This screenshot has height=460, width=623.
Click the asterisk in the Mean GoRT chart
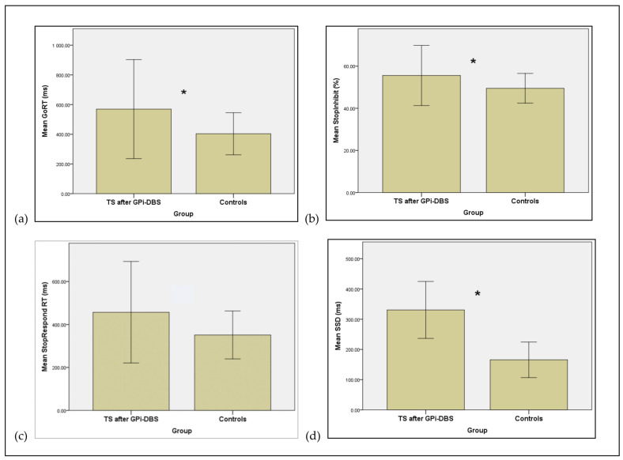(183, 93)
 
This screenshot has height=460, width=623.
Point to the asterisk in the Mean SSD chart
(478, 294)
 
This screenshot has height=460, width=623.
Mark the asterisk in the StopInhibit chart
(473, 62)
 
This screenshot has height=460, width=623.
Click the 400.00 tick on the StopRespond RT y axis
(53, 325)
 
